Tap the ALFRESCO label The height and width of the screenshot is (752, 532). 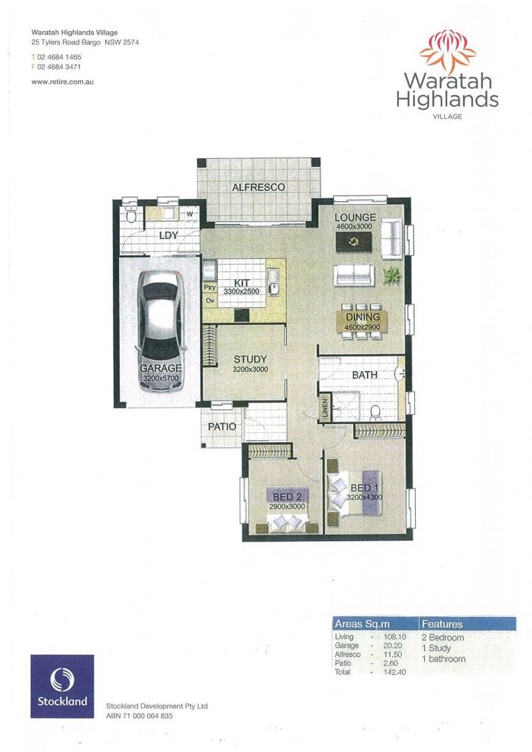tap(258, 187)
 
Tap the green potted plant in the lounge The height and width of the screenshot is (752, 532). tap(393, 274)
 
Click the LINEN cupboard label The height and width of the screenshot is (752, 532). tap(324, 409)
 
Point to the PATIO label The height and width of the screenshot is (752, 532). tap(222, 427)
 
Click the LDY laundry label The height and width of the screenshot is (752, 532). tap(169, 235)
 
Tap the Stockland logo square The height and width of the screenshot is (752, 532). tap(62, 686)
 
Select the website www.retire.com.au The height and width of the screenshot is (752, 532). tap(63, 81)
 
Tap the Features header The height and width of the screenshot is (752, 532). tap(442, 624)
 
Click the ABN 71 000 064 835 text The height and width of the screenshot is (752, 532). tap(139, 716)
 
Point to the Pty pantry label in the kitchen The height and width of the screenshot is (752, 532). tap(209, 287)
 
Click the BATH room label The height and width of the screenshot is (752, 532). tap(364, 375)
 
